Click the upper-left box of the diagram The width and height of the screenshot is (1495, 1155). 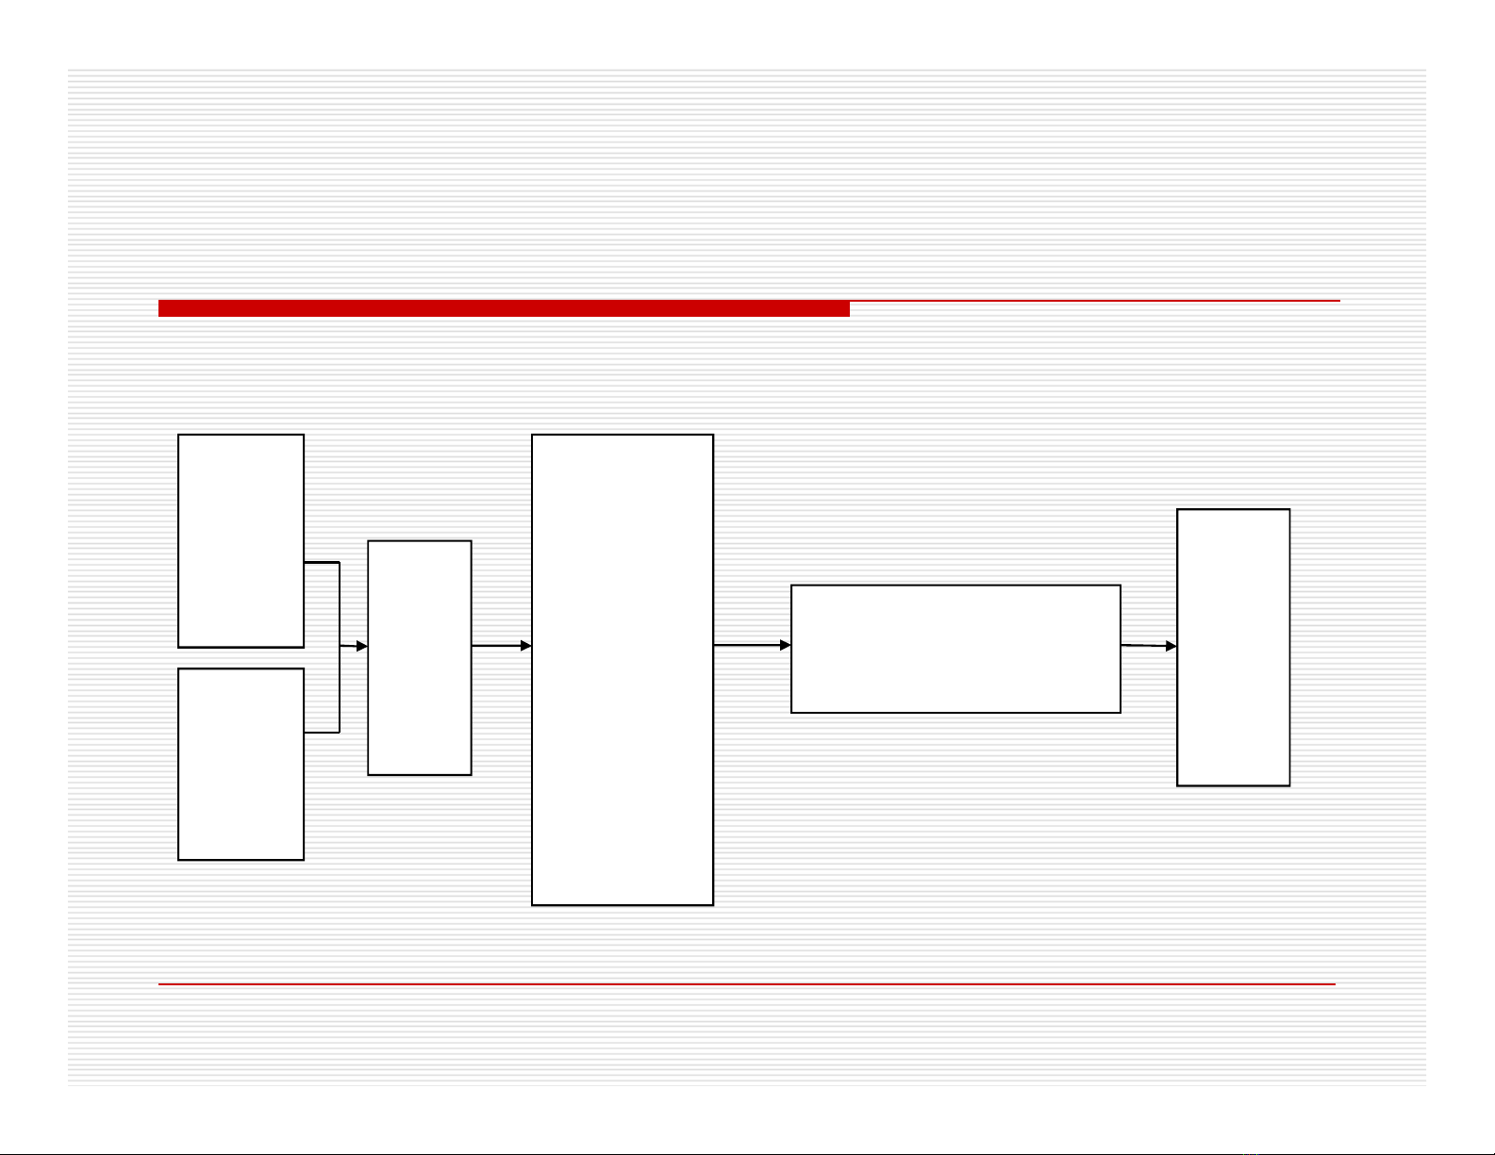coord(241,540)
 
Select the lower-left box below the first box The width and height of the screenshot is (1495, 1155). coord(241,764)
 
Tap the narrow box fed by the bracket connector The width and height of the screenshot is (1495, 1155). coord(419,657)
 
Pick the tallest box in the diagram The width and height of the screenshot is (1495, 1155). coord(623,669)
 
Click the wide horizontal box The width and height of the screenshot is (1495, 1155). coord(955,649)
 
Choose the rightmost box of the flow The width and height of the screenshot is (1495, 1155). coord(1233,647)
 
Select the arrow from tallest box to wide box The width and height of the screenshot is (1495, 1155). coord(751,646)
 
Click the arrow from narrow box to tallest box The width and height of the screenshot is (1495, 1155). coord(501,646)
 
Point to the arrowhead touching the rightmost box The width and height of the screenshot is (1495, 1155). coord(1171,646)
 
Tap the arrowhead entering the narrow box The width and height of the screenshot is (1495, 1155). coord(361,646)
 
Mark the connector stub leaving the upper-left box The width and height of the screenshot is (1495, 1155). coord(321,563)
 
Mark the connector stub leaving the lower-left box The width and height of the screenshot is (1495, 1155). coord(321,732)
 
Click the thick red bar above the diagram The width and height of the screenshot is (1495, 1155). coord(504,308)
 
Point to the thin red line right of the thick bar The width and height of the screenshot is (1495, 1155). coord(1094,301)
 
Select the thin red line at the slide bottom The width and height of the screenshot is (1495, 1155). coord(746,984)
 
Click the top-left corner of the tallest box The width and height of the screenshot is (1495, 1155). coord(533,436)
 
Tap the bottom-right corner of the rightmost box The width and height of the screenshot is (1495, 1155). coord(1289,784)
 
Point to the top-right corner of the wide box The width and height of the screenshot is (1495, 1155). coord(1121,586)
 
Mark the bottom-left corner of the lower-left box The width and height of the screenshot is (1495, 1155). coord(179,859)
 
